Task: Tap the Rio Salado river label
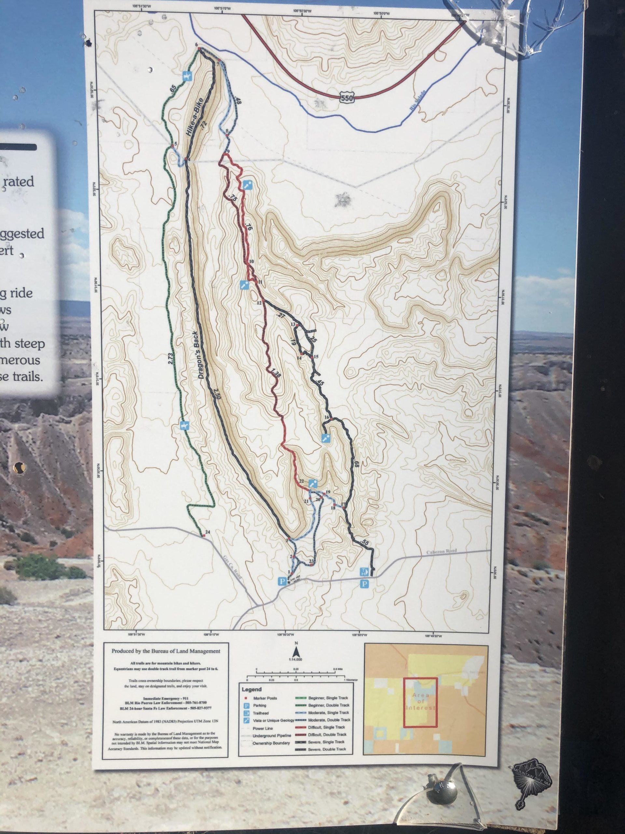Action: coord(417,101)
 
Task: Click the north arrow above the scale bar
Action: coord(297,651)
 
